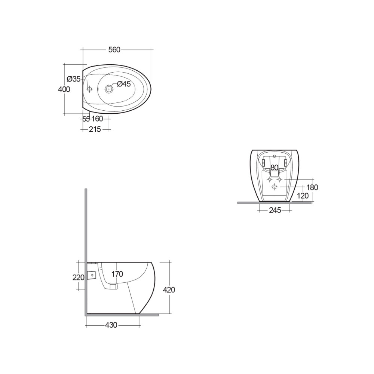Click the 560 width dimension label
pyautogui.click(x=114, y=49)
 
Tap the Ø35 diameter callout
pyautogui.click(x=74, y=79)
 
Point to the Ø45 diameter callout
pyautogui.click(x=124, y=84)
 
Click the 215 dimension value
pyautogui.click(x=95, y=129)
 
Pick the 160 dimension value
pyautogui.click(x=97, y=119)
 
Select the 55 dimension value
pyautogui.click(x=86, y=119)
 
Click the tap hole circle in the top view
pyautogui.click(x=109, y=89)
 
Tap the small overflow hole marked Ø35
pyautogui.click(x=89, y=89)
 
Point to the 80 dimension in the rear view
pyautogui.click(x=274, y=168)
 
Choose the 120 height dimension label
pyautogui.click(x=303, y=196)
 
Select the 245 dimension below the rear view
pyautogui.click(x=275, y=211)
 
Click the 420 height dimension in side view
pyautogui.click(x=169, y=289)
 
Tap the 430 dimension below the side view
pyautogui.click(x=111, y=325)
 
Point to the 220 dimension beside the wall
pyautogui.click(x=78, y=277)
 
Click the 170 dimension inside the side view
pyautogui.click(x=117, y=274)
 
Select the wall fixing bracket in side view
pyautogui.click(x=92, y=275)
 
